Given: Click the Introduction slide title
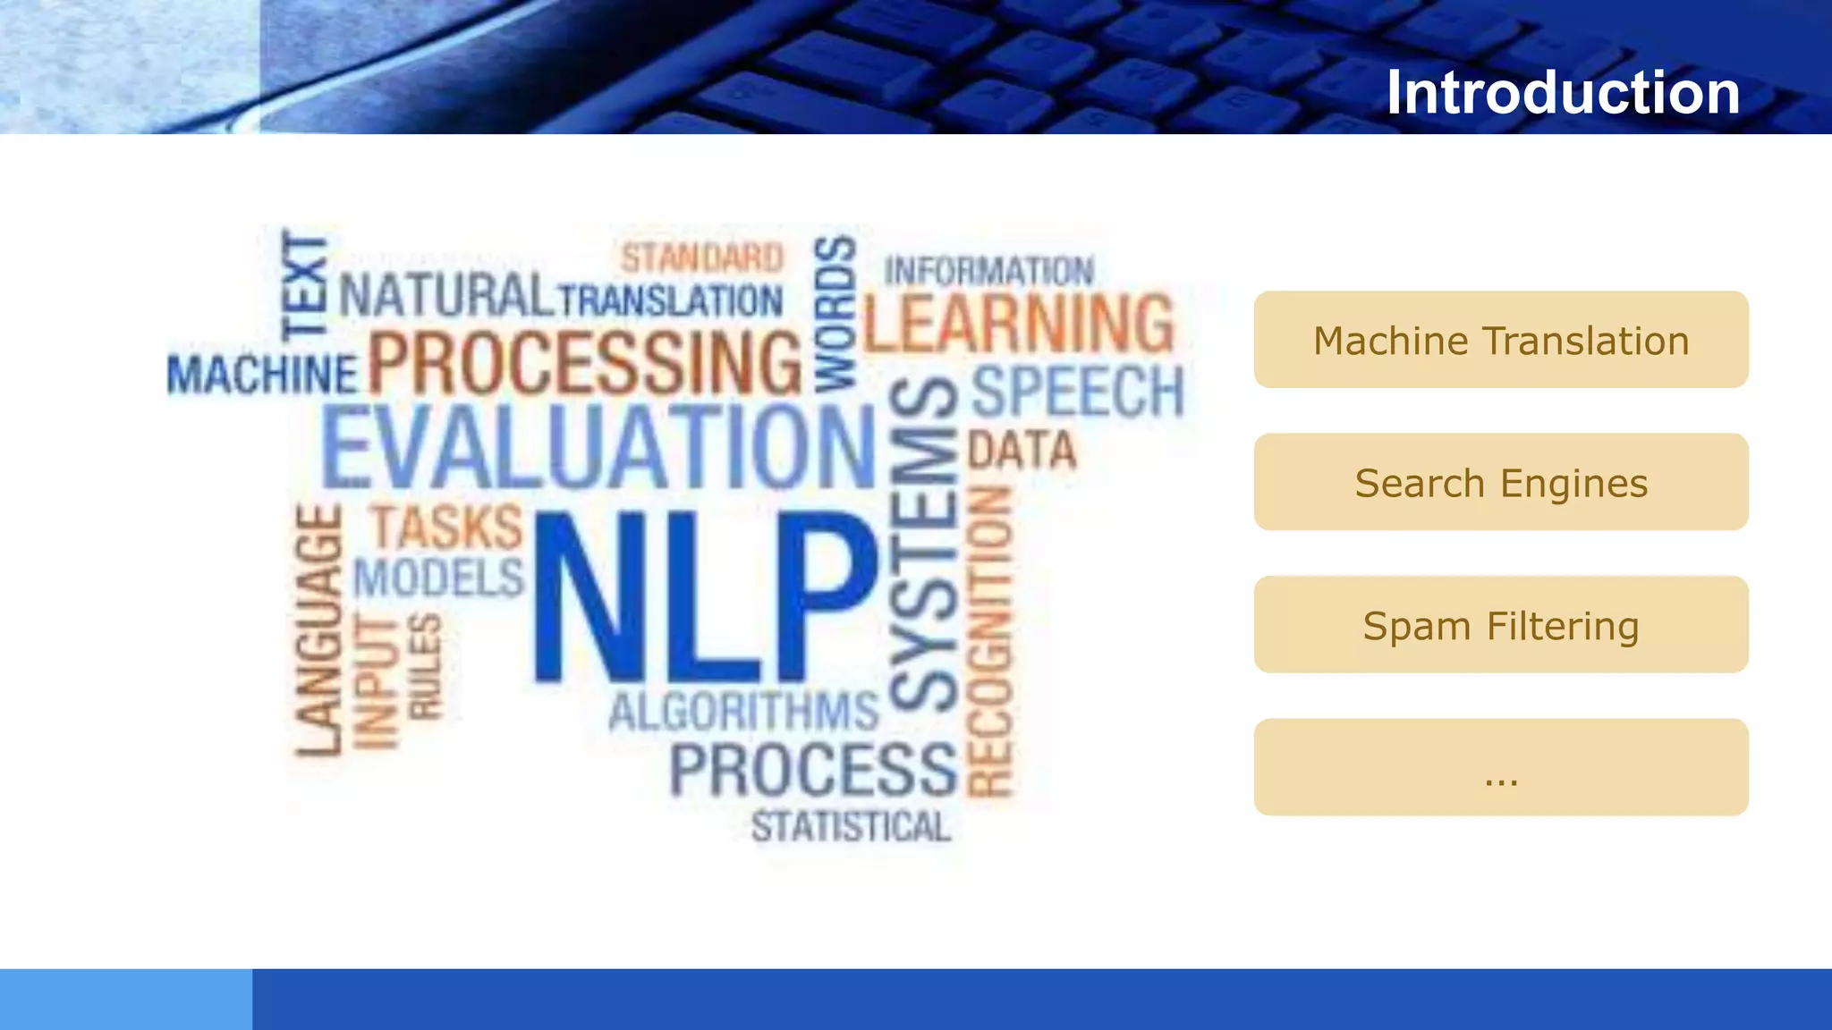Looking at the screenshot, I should pyautogui.click(x=1562, y=92).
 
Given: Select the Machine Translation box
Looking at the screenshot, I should pyautogui.click(x=1500, y=340).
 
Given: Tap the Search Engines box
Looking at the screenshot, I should pyautogui.click(x=1500, y=483).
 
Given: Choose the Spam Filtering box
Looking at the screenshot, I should pyautogui.click(x=1500, y=625).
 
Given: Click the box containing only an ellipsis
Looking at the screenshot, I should pyautogui.click(x=1500, y=767).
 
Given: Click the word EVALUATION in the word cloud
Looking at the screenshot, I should pyautogui.click(x=598, y=447).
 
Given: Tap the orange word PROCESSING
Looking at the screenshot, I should pyautogui.click(x=585, y=362).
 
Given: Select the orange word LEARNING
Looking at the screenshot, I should pyautogui.click(x=1019, y=323).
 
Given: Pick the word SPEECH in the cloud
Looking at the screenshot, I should pyautogui.click(x=1077, y=392).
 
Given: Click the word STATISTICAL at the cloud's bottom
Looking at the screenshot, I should pyautogui.click(x=851, y=826).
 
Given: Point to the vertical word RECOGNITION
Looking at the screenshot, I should pyautogui.click(x=991, y=642).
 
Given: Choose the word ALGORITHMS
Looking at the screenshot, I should pyautogui.click(x=743, y=713).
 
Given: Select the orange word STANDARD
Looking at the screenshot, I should pyautogui.click(x=702, y=257).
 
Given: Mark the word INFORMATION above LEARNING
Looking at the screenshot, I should pyautogui.click(x=988, y=271).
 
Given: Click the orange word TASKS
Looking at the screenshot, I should pyautogui.click(x=446, y=527).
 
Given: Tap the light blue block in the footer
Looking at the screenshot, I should pyautogui.click(x=126, y=999).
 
